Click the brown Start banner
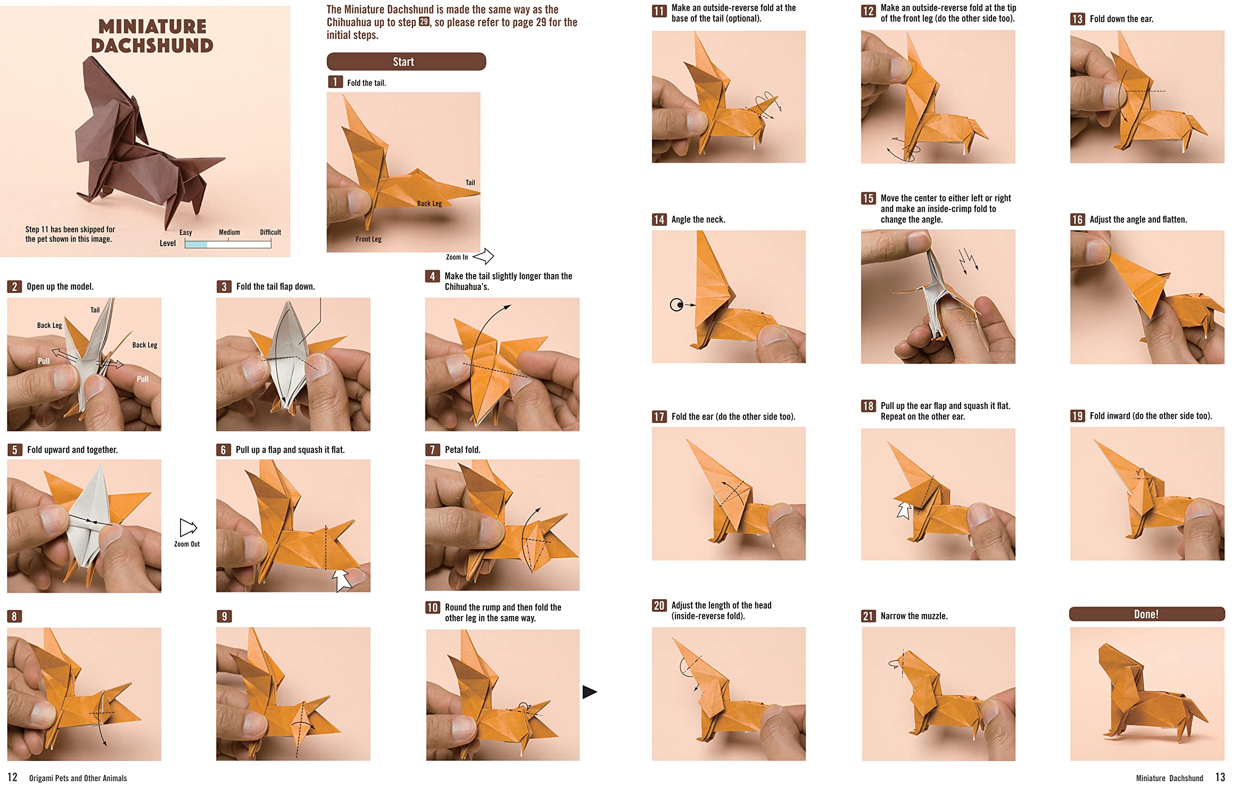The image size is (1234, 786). point(406,62)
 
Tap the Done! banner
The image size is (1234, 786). point(1146,614)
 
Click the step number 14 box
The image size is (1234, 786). point(658,220)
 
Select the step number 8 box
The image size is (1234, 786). point(14,616)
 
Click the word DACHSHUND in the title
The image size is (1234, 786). point(152,46)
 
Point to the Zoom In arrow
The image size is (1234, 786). point(483,256)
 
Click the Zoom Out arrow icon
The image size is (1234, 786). point(188,527)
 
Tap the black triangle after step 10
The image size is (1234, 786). point(590,692)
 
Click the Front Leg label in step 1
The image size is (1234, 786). point(368,239)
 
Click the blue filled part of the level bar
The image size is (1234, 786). point(196,245)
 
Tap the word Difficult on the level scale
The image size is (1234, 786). point(270,233)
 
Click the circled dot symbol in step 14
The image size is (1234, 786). point(676,305)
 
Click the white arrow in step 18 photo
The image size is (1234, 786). point(904,510)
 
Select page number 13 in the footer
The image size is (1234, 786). point(1220,777)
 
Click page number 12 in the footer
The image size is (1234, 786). point(13,777)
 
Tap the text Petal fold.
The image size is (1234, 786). point(462,449)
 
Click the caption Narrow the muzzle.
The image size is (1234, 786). point(914,616)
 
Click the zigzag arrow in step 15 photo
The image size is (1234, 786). point(968,260)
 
